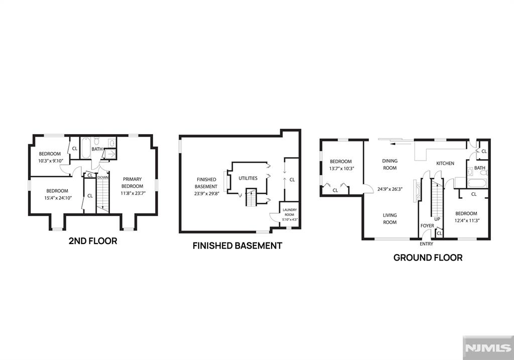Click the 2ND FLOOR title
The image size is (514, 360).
[93, 241]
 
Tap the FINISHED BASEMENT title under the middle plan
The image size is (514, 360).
[237, 246]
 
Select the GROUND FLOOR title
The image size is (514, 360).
[428, 258]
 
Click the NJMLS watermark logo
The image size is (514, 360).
[488, 347]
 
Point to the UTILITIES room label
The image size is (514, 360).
[248, 178]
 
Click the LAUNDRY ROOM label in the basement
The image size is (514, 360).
[290, 212]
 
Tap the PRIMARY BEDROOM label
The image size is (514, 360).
[133, 183]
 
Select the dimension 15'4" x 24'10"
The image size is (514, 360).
[58, 198]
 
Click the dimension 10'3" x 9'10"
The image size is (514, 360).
[50, 161]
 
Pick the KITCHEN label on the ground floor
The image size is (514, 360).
[445, 163]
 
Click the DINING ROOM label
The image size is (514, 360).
[390, 164]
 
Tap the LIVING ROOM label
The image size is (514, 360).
[390, 219]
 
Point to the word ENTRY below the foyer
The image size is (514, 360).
[427, 244]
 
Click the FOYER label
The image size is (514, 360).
[427, 226]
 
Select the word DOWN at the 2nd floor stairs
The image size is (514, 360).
[103, 177]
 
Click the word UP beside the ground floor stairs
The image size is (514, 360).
[437, 219]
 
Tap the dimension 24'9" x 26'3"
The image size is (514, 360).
[390, 189]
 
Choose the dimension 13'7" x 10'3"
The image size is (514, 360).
[341, 169]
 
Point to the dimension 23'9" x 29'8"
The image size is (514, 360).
[206, 193]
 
